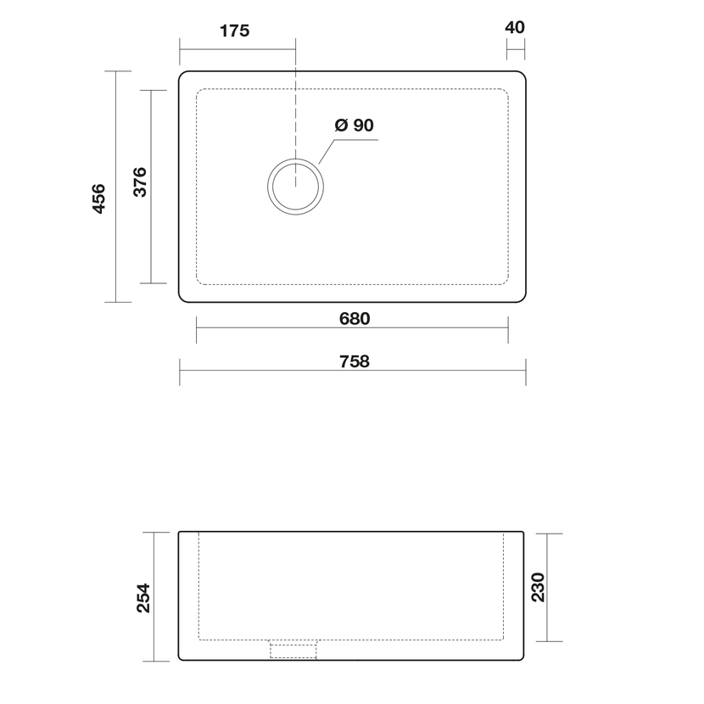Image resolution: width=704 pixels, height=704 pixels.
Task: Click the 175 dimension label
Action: (234, 31)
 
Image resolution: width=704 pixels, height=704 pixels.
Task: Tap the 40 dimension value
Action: (515, 27)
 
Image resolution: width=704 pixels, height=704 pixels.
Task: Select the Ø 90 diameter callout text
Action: (355, 125)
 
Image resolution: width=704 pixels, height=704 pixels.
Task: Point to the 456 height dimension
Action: (98, 198)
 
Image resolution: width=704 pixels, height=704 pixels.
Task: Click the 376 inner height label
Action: (140, 182)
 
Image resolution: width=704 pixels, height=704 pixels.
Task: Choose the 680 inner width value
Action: (355, 319)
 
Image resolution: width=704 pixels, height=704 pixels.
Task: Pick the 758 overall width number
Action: (355, 361)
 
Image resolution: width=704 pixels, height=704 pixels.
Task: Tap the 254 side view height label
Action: (143, 598)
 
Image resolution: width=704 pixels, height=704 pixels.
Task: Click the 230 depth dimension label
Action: (538, 587)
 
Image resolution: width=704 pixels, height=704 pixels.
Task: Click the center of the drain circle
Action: (295, 187)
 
